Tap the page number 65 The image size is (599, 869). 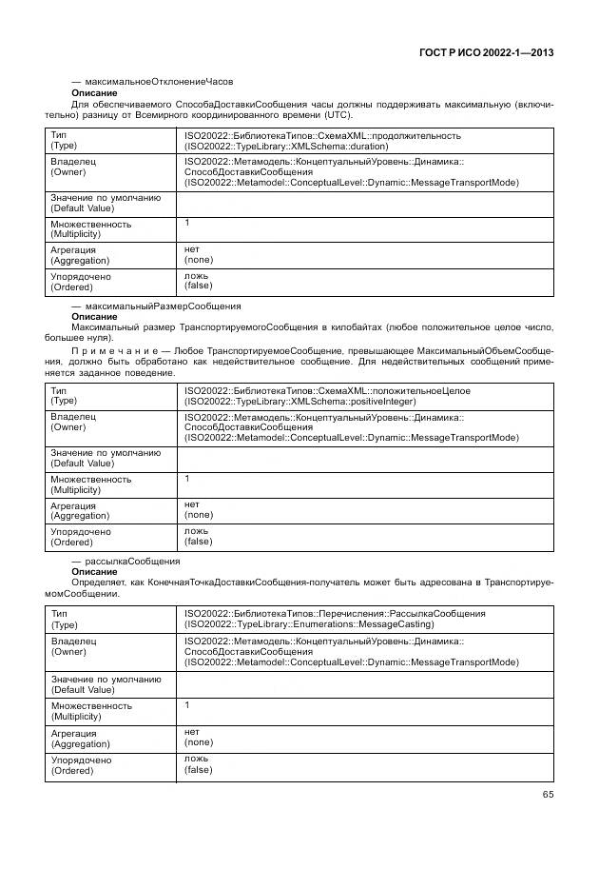click(x=548, y=795)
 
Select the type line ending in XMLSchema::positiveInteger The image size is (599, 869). click(x=295, y=402)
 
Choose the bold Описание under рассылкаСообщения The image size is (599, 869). click(x=94, y=572)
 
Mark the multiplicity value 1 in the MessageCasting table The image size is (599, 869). click(x=187, y=704)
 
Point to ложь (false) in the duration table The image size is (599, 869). click(x=198, y=280)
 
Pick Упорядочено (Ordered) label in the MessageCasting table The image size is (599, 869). click(x=81, y=765)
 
